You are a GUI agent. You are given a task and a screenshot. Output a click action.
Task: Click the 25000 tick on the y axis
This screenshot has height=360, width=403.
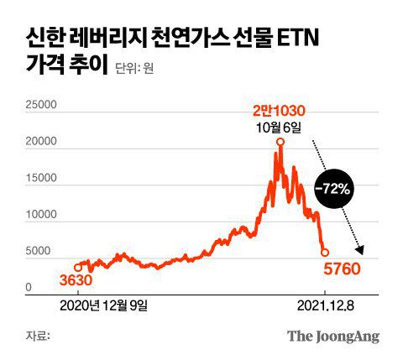38,106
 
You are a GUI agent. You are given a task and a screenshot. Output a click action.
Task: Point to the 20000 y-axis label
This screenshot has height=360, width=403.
38,143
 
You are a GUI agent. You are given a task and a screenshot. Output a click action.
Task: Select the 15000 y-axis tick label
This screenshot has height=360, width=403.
38,179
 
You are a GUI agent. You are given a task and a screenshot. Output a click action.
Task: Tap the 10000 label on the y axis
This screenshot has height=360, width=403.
38,215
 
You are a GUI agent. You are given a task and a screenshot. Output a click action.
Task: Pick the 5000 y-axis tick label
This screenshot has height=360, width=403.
41,252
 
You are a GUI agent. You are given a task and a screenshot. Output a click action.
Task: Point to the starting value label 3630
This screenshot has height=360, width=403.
76,280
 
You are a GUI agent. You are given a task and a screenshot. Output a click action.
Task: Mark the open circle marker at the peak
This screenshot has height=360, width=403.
279,142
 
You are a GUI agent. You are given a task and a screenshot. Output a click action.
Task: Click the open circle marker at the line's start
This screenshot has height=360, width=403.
78,267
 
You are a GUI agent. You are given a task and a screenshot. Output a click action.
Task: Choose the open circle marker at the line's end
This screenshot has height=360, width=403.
325,252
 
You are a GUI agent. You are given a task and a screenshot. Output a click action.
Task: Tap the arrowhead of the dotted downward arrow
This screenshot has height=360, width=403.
362,248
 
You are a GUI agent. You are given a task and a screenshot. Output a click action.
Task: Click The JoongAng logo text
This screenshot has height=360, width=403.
333,337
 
